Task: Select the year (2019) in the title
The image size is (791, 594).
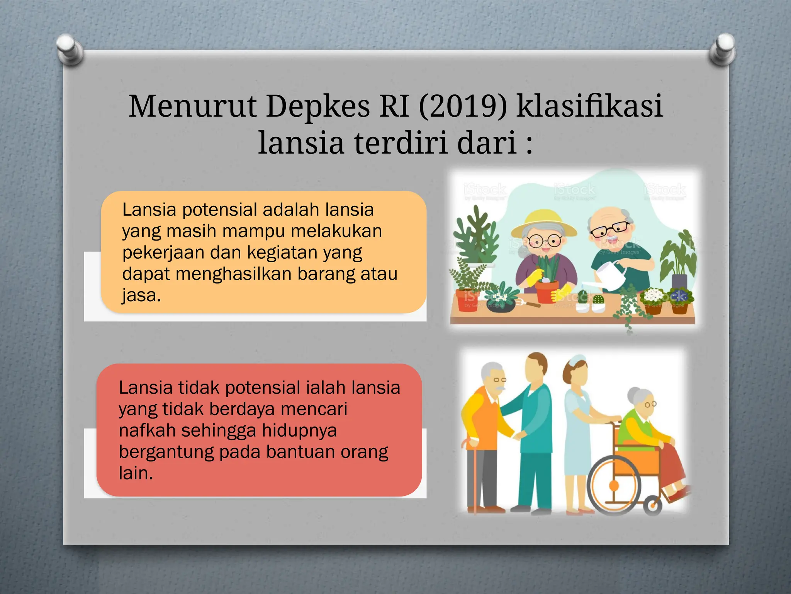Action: (x=463, y=106)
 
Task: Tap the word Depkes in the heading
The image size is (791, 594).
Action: (x=318, y=106)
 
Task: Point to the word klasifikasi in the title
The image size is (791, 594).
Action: (x=590, y=106)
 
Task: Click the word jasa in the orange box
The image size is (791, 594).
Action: (x=139, y=295)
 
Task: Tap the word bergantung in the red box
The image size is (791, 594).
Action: (x=166, y=452)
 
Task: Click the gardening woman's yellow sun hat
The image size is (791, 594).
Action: (x=544, y=224)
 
